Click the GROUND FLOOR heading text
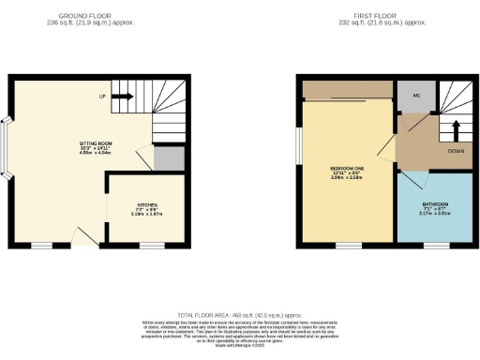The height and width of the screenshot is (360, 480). pos(85,16)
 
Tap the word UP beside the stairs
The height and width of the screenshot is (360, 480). pos(101,96)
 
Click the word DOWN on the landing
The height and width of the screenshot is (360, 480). pos(457,151)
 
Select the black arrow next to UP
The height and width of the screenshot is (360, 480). pos(123,95)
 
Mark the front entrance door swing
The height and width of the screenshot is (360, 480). pos(86,234)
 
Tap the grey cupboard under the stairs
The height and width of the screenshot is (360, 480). pos(169,159)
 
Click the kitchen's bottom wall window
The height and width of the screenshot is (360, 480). pos(151,246)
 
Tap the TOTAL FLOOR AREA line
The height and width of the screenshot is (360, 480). pos(239,315)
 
